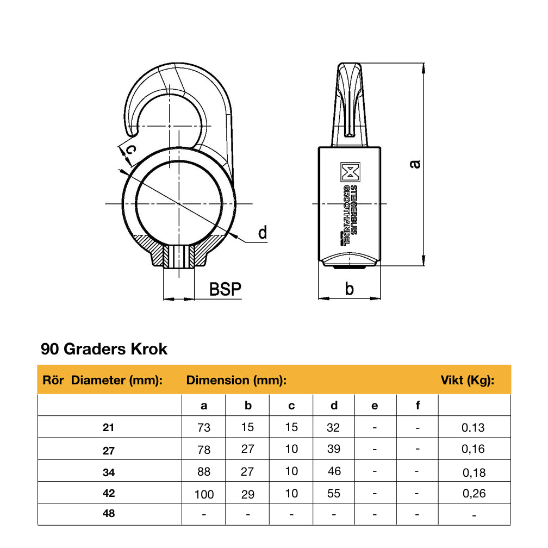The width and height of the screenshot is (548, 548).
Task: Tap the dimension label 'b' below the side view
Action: click(x=349, y=289)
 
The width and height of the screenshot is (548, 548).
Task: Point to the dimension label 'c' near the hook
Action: click(x=129, y=148)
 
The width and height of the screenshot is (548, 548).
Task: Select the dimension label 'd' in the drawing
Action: click(x=262, y=233)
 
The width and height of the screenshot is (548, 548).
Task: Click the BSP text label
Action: click(x=225, y=289)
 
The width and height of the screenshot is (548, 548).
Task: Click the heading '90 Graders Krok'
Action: click(x=104, y=349)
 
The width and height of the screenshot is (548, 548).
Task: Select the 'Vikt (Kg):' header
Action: click(x=467, y=380)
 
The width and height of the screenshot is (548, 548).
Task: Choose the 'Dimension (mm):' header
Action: click(x=236, y=380)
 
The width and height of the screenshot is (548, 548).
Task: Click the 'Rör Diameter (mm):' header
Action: click(x=102, y=380)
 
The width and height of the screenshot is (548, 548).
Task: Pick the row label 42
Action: click(x=109, y=493)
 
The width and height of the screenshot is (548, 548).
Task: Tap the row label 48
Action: click(x=109, y=514)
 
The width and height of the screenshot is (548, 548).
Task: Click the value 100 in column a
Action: click(x=204, y=494)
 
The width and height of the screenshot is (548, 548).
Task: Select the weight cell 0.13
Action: click(x=473, y=428)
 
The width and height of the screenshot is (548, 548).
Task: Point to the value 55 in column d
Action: click(x=334, y=494)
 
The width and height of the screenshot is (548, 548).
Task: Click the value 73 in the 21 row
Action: click(x=204, y=428)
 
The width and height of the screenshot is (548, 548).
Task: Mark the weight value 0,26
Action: click(x=473, y=494)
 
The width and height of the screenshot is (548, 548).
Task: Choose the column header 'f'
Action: click(x=417, y=406)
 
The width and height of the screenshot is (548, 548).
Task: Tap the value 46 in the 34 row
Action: click(x=334, y=471)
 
